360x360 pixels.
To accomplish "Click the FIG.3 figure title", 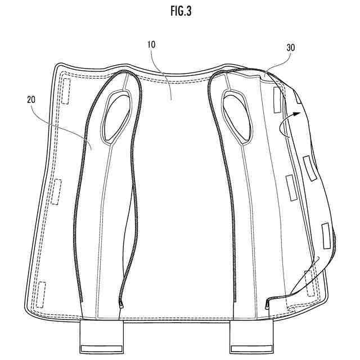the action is [x=181, y=11].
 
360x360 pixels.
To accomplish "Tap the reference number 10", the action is [x=151, y=44].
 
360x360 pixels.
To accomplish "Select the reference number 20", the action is [x=31, y=100].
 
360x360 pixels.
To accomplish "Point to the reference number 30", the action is [x=291, y=47].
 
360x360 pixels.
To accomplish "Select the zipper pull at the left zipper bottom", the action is [x=121, y=305].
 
